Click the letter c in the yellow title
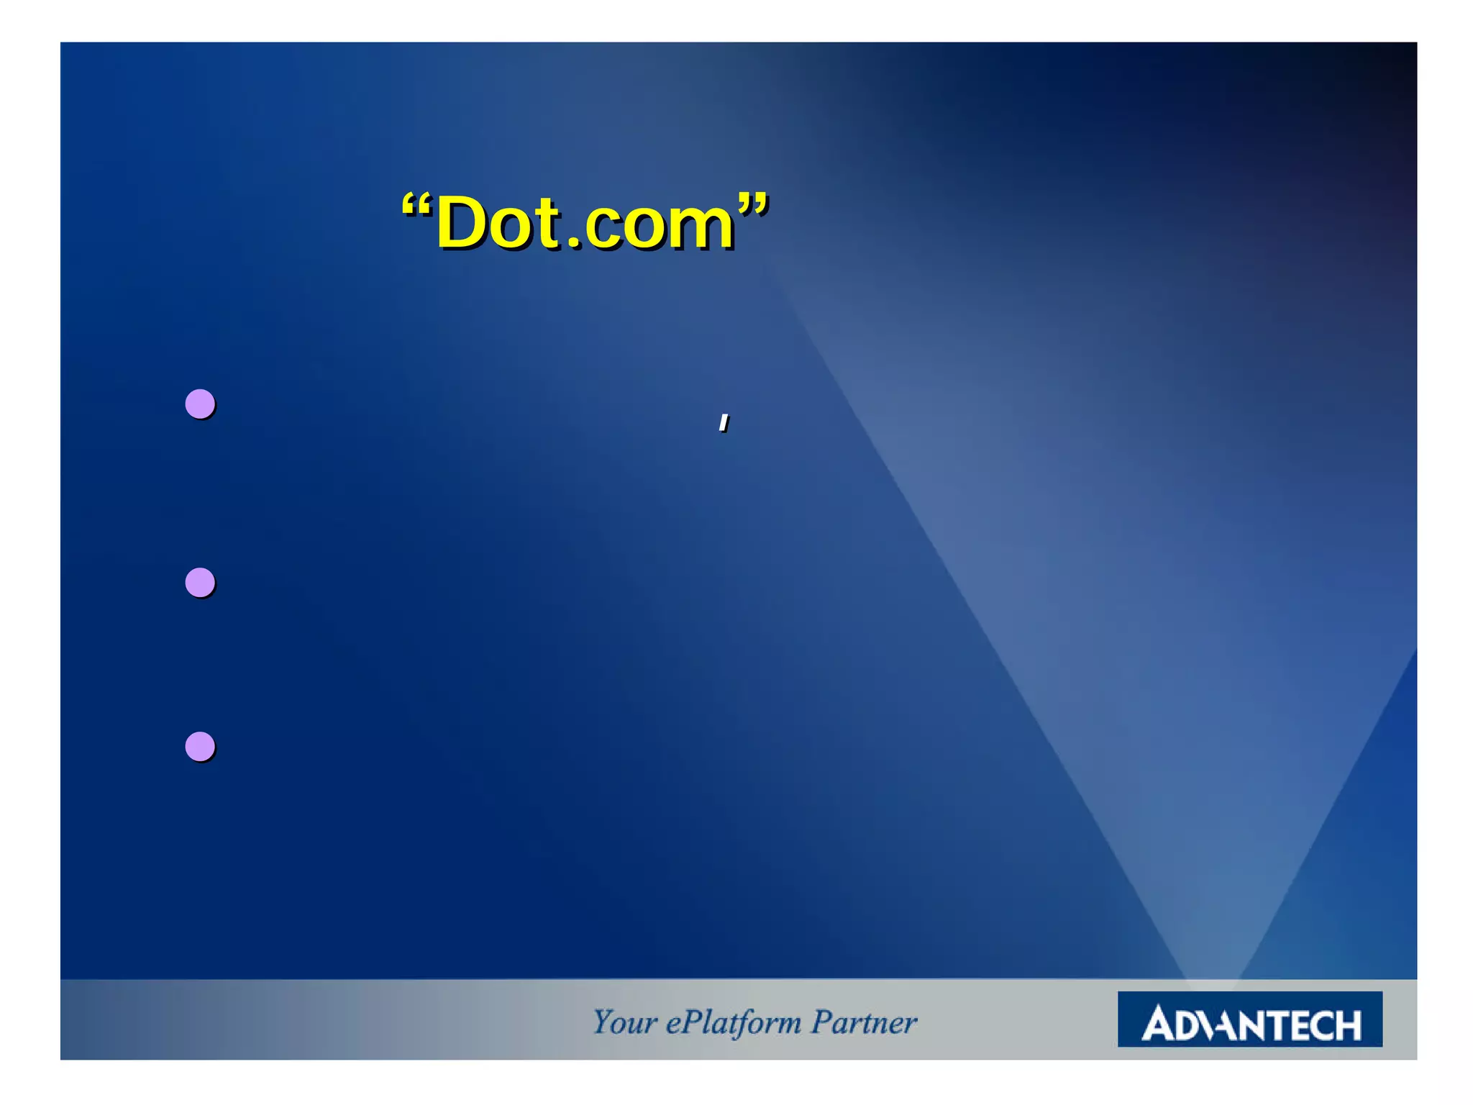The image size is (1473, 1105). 603,228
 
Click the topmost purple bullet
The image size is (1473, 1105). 200,404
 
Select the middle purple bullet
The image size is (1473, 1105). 200,582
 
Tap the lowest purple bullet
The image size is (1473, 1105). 200,746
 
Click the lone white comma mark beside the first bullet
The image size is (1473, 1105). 724,423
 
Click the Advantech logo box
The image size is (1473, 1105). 1249,1019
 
